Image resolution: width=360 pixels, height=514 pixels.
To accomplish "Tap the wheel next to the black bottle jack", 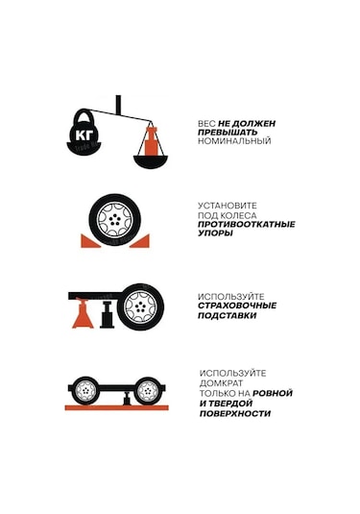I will pos(141,306).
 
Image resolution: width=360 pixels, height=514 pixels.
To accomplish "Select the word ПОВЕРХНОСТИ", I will pos(234,413).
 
